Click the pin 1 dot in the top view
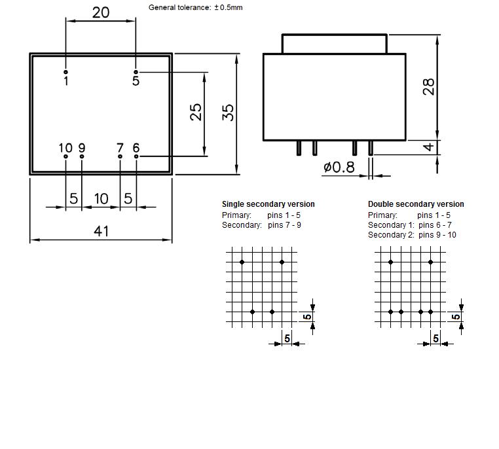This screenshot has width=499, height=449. tap(65, 72)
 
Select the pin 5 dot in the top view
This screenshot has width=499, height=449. tap(136, 72)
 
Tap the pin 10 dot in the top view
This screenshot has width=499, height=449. tap(65, 156)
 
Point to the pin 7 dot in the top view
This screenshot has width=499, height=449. tap(120, 156)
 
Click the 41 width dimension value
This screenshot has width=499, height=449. tap(102, 231)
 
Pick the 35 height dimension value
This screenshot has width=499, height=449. tap(228, 113)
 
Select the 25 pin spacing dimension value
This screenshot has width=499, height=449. tap(196, 112)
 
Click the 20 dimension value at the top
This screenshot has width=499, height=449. tap(101, 12)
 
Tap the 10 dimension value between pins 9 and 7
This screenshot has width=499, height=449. tap(102, 199)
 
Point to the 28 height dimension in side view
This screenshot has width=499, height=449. tap(429, 86)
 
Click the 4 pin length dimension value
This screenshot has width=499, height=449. tap(429, 147)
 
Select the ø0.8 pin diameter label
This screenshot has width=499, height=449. tap(339, 168)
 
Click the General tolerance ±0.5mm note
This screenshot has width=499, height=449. tap(195, 7)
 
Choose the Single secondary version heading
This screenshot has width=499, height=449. tap(268, 204)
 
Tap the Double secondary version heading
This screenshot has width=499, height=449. tap(416, 204)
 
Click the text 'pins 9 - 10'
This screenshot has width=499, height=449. tap(437, 235)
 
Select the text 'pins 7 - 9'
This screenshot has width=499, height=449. tap(284, 225)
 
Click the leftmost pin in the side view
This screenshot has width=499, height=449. tap(299, 148)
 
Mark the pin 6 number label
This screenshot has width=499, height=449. tap(136, 148)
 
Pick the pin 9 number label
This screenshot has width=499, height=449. tap(82, 148)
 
